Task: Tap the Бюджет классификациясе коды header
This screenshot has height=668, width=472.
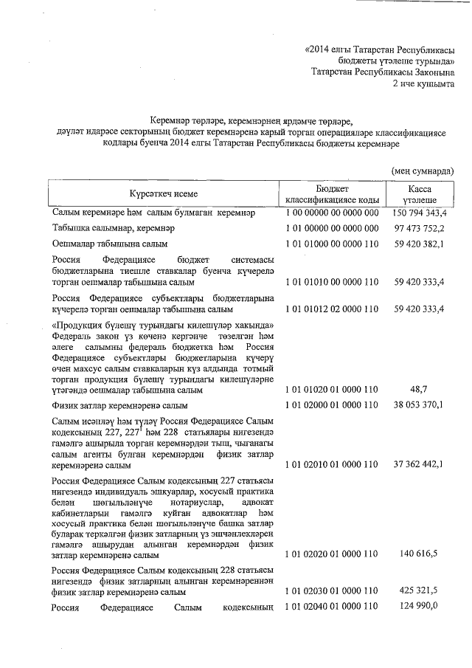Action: coord(332,193)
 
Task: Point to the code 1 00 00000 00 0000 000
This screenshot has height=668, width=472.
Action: coord(332,213)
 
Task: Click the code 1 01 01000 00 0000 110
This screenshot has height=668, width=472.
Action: coord(332,244)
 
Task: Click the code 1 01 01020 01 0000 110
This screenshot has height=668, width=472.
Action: coord(332,389)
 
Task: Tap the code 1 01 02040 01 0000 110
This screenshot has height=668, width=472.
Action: coord(332,607)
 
